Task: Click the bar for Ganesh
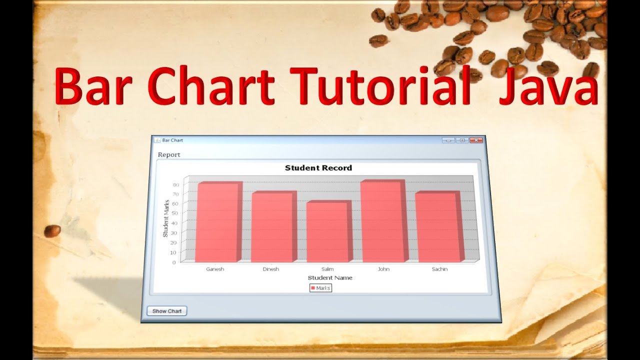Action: [216, 222]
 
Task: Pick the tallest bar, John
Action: [382, 221]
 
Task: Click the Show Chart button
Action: [167, 311]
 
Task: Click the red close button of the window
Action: [476, 140]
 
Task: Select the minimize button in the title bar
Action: [448, 140]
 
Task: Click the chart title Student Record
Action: [318, 168]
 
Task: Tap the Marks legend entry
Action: [320, 288]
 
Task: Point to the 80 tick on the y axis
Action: [175, 184]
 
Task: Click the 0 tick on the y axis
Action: [174, 262]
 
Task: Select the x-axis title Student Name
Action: [330, 277]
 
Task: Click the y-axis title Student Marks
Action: [166, 218]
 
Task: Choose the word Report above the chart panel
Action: [169, 154]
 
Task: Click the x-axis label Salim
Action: [327, 269]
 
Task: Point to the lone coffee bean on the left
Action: [52, 230]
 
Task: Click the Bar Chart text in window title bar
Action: [172, 140]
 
